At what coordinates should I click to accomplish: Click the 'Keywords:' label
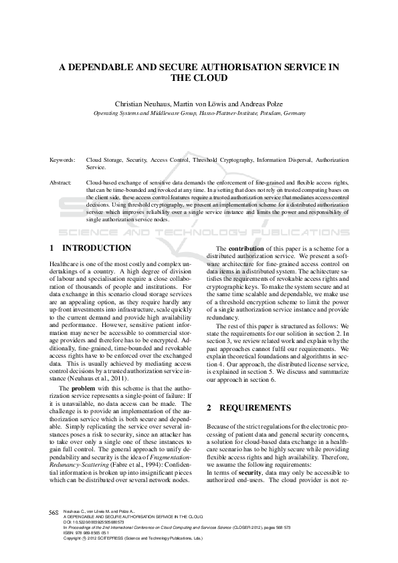tap(62, 160)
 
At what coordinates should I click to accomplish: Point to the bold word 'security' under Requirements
tap(250, 472)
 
